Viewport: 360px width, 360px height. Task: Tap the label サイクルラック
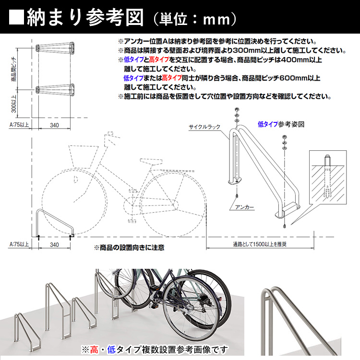pyautogui.click(x=204, y=127)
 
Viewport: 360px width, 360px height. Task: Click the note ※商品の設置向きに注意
pyautogui.click(x=129, y=248)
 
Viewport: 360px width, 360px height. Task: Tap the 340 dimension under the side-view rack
pyautogui.click(x=54, y=244)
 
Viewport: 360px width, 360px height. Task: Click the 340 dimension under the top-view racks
pyautogui.click(x=54, y=125)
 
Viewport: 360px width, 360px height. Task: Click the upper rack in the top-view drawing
pyautogui.click(x=55, y=48)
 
